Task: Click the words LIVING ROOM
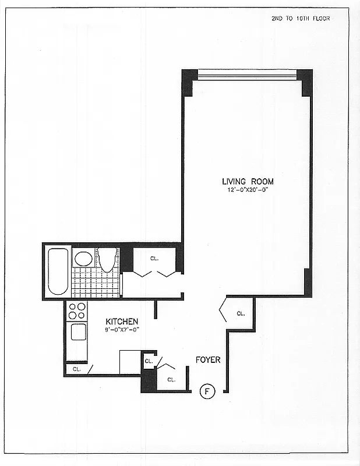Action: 247,182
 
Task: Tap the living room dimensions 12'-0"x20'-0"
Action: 247,190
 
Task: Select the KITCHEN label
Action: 122,322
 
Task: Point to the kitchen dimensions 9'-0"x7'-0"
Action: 122,330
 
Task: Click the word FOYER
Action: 208,360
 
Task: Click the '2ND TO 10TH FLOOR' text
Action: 301,19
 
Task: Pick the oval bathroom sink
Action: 83,259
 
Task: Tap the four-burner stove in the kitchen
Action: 76,312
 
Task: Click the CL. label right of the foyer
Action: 241,313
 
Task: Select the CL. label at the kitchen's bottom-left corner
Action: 76,369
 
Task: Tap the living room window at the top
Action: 247,75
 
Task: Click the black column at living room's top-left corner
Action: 188,82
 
